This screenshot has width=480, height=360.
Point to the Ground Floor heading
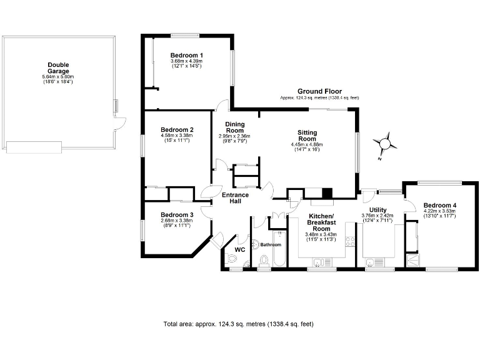319,91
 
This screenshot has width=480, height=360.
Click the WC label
239,250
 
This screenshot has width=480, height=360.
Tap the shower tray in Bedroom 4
413,259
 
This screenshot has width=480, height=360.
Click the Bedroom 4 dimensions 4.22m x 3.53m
439,211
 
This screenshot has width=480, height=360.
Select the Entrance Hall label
236,198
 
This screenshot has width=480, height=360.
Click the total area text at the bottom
238,324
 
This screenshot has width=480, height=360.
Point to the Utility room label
378,210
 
